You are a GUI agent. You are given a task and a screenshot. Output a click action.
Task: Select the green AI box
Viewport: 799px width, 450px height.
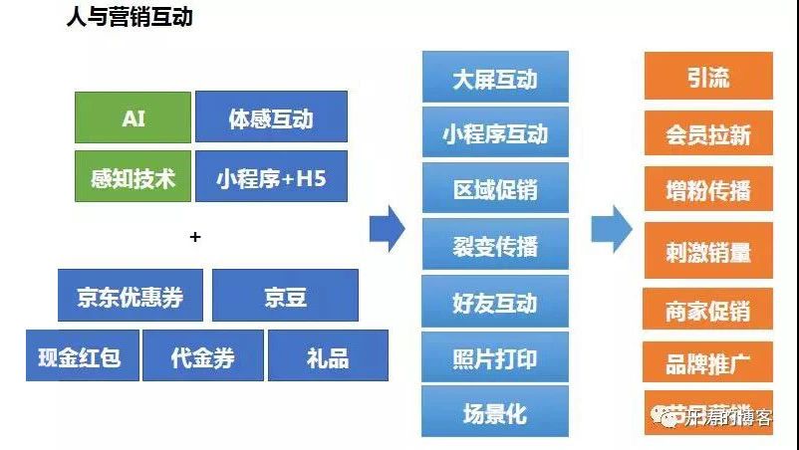tap(133, 117)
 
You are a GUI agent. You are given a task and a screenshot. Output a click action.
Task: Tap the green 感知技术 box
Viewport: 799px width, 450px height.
tap(133, 177)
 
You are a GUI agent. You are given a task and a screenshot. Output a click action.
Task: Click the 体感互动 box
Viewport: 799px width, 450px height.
tap(271, 117)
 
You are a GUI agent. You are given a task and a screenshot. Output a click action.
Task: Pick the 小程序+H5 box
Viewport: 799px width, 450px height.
tap(271, 177)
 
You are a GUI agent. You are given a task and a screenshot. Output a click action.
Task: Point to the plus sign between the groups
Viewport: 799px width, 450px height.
tap(195, 237)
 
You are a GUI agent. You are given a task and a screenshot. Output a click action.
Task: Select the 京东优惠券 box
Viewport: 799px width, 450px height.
tap(131, 296)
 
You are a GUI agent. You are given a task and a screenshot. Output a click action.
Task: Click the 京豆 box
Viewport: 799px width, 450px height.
tap(285, 296)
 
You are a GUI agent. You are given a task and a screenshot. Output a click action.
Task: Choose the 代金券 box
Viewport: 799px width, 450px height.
tap(202, 355)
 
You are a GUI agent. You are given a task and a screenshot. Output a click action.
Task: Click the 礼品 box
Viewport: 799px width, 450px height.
tap(328, 355)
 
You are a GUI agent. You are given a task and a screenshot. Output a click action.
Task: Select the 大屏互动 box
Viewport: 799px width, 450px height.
tap(495, 77)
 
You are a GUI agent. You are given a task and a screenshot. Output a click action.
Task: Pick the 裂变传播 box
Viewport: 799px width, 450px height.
tap(495, 245)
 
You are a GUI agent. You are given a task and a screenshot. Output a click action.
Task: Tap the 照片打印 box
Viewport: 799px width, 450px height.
tap(495, 356)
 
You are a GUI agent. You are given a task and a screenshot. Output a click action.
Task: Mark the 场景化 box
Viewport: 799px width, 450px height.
tap(495, 411)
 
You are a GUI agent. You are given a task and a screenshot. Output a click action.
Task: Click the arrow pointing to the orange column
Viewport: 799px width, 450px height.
tap(611, 230)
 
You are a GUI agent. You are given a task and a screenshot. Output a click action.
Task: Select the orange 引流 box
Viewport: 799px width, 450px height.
tap(708, 77)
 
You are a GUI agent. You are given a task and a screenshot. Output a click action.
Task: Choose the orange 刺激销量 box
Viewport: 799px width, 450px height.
tap(708, 251)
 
